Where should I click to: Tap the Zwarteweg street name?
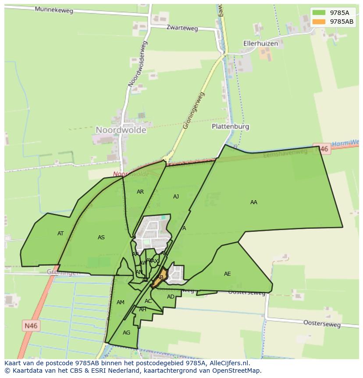[182, 28]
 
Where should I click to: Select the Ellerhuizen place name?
[261, 43]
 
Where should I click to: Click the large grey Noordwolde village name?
[121, 130]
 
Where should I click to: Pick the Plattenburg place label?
[230, 126]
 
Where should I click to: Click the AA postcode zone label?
[254, 202]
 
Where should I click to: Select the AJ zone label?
[176, 197]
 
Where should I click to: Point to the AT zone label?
[60, 234]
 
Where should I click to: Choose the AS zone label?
[101, 238]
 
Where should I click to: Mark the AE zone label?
[227, 274]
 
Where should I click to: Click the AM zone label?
[121, 302]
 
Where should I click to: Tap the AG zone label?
[126, 333]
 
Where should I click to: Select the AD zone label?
[171, 297]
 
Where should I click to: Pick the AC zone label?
[148, 301]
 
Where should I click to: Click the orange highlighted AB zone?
[160, 277]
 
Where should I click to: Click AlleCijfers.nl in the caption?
[228, 364]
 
